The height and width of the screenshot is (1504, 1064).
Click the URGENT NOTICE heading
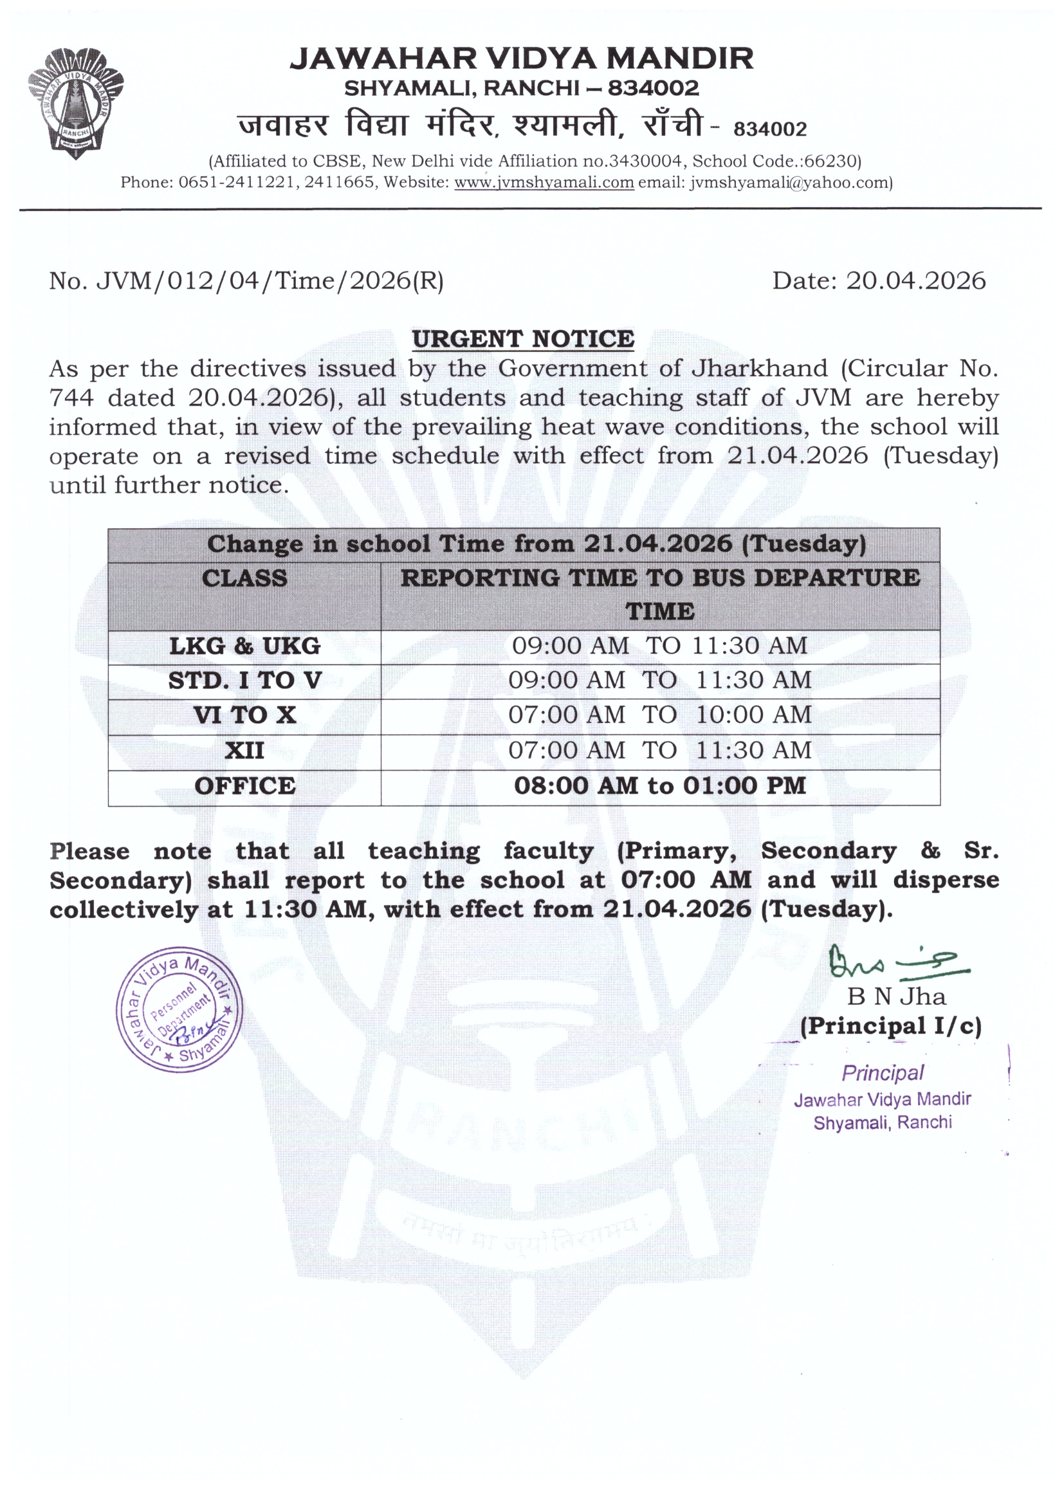coord(523,338)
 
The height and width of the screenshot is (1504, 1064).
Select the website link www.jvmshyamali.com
coord(544,182)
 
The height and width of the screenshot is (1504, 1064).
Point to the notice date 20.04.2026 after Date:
coord(915,280)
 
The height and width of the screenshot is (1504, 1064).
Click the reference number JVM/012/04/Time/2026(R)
coord(270,280)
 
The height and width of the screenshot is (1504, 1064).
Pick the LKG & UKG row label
coord(244,647)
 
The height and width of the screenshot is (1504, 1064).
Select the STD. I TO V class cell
coord(244,681)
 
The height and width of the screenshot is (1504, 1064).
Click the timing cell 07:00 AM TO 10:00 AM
coord(660,715)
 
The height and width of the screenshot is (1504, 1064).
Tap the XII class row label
coord(244,751)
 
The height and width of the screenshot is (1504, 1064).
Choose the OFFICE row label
coord(244,786)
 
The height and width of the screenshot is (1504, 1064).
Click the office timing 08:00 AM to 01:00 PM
coord(660,786)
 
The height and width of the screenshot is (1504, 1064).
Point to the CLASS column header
coord(244,578)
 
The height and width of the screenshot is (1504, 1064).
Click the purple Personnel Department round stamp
coord(179,1009)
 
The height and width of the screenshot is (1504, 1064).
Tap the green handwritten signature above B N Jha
coord(897,962)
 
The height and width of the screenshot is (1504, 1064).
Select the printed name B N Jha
coord(896,996)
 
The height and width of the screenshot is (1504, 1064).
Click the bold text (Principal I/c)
coord(891,1026)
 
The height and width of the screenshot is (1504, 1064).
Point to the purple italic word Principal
coord(883,1073)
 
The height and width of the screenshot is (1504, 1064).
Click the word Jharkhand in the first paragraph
coord(759,369)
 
